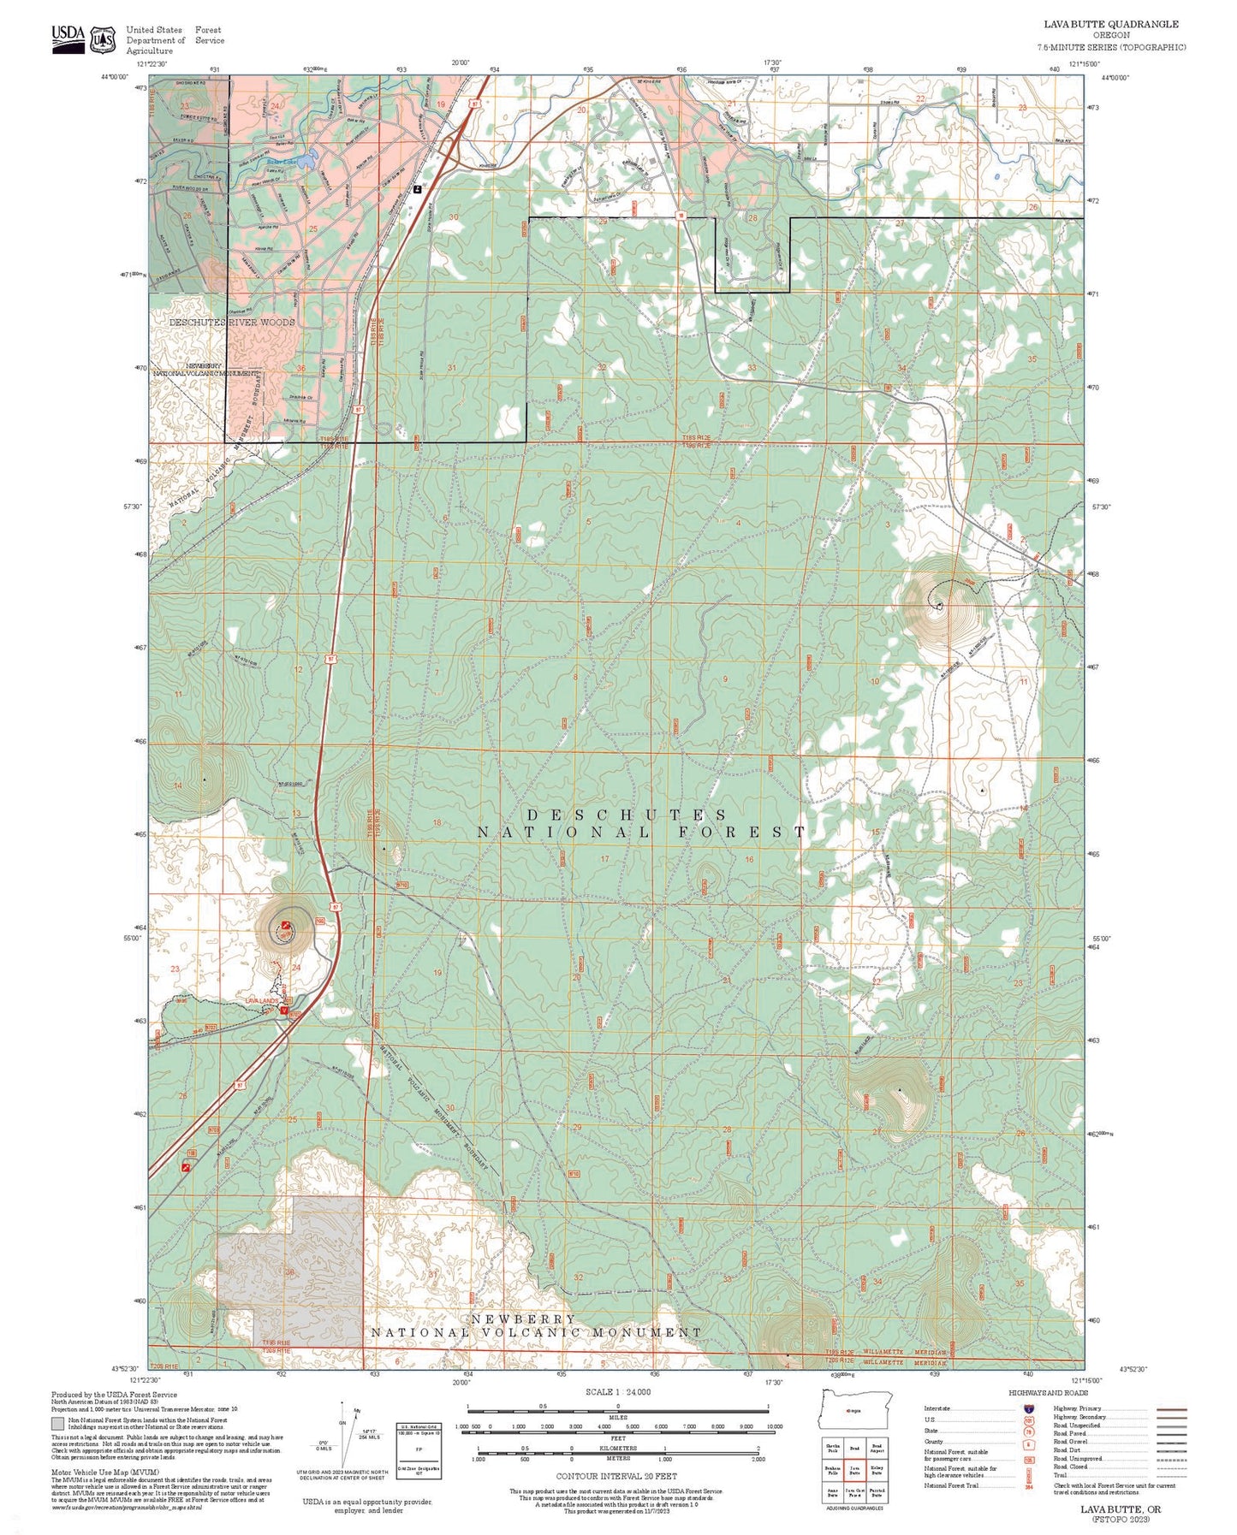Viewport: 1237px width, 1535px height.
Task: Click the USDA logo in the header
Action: tap(68, 38)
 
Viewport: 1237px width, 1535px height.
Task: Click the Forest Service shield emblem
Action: tap(104, 39)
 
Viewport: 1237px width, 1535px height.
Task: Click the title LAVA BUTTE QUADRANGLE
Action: tap(1112, 24)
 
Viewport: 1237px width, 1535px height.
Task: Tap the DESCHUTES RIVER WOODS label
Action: tap(232, 323)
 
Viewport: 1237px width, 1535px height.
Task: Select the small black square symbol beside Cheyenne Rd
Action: tap(417, 189)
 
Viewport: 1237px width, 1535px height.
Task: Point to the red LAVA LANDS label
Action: tap(262, 1000)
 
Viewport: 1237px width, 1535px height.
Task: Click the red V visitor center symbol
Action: tap(284, 1010)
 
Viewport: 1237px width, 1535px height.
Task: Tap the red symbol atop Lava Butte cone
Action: tap(286, 925)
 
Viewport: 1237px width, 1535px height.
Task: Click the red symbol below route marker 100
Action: tap(186, 1166)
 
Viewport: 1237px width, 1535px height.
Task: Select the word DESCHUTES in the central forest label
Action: tap(627, 815)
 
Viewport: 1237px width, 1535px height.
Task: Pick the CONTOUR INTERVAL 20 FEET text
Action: tap(616, 1476)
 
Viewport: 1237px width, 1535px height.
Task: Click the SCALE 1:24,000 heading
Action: tap(618, 1392)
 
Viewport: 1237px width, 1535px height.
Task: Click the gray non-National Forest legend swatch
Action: tap(57, 1425)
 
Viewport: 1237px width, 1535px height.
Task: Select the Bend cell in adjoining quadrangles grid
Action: tap(853, 1449)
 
